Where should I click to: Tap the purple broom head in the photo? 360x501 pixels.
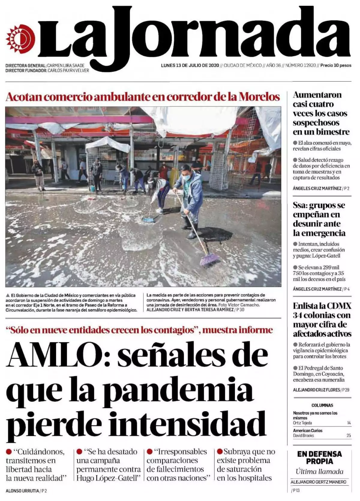(x=209, y=260)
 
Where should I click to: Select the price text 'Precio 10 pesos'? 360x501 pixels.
(x=336, y=65)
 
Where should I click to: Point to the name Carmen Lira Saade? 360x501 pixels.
(x=66, y=65)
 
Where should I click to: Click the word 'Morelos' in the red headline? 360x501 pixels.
(x=259, y=97)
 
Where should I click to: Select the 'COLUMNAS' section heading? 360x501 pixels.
(x=322, y=405)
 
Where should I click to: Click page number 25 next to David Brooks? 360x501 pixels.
(x=349, y=435)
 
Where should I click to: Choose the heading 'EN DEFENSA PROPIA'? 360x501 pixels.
(x=319, y=457)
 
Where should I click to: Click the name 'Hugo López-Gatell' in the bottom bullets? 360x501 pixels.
(x=108, y=478)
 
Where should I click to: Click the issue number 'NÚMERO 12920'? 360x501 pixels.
(x=301, y=65)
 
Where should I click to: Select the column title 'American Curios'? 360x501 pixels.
(x=307, y=430)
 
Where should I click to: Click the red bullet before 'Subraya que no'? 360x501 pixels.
(x=220, y=451)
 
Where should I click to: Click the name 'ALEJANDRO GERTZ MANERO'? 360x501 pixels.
(x=318, y=482)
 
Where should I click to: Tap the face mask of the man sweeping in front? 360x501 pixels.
(x=186, y=177)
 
